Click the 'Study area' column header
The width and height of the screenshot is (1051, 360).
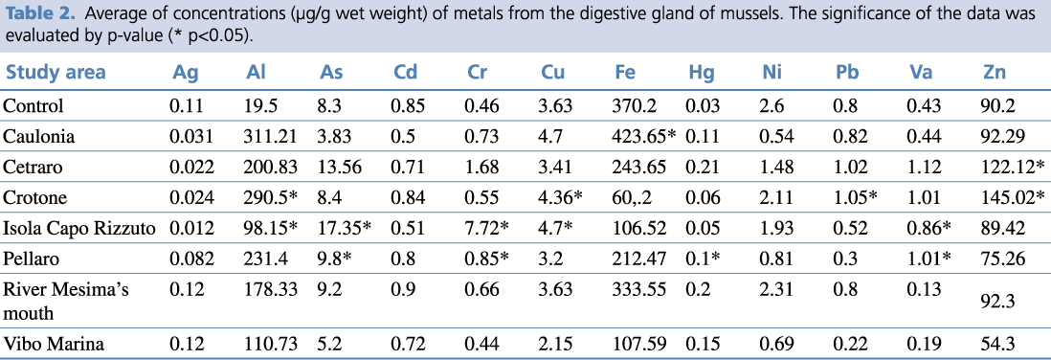point(56,73)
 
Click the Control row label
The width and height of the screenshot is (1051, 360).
point(34,106)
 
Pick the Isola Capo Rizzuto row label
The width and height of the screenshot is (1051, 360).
point(79,229)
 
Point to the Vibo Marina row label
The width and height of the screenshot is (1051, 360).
point(54,345)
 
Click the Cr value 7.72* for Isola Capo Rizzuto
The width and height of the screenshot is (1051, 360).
point(487,229)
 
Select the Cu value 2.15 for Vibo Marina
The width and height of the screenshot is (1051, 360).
point(557,345)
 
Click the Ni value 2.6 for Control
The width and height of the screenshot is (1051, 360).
point(776,106)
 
